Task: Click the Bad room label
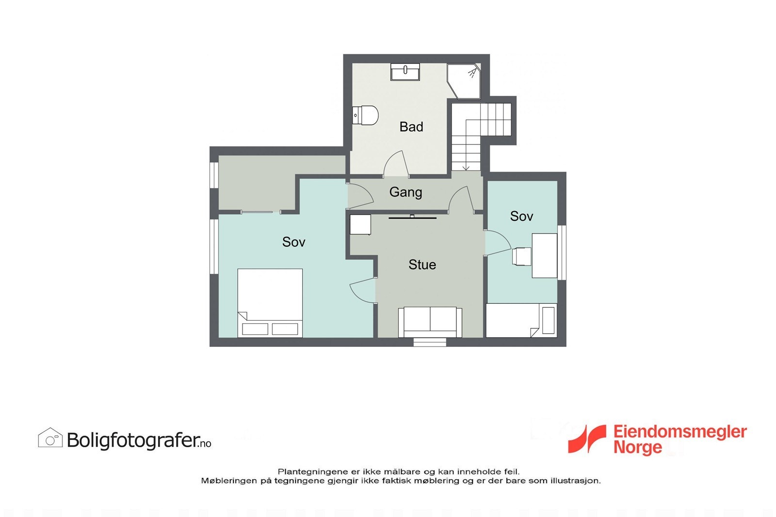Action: click(x=411, y=127)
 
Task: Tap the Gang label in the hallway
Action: click(x=405, y=192)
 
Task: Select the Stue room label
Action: click(x=422, y=265)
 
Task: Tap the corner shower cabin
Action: click(x=464, y=80)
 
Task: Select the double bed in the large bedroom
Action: click(x=270, y=303)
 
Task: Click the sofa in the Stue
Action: click(x=430, y=322)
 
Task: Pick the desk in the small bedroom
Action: click(x=544, y=255)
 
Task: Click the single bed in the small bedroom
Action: click(x=520, y=320)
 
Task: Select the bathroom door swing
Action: click(x=395, y=165)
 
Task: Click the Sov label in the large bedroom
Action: click(x=293, y=242)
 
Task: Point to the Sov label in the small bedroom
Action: click(x=521, y=216)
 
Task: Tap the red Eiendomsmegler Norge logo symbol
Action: click(x=587, y=439)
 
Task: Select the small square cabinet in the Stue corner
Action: click(x=360, y=225)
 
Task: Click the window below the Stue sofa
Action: click(x=430, y=342)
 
